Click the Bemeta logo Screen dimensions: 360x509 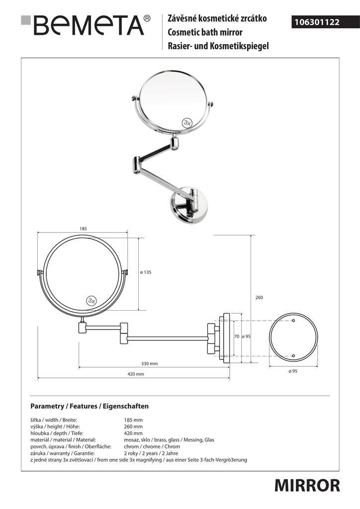click(x=86, y=25)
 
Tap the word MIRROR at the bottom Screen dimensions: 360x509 click(x=307, y=486)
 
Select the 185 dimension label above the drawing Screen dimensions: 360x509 click(x=83, y=229)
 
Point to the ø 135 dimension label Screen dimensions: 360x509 click(x=146, y=272)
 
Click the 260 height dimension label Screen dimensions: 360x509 click(x=259, y=297)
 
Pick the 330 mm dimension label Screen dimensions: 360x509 click(x=149, y=363)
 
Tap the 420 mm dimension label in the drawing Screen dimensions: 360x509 click(x=135, y=374)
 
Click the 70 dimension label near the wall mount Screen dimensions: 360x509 click(x=237, y=337)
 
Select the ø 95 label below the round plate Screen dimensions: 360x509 click(x=293, y=371)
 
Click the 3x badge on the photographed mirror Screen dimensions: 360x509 click(x=187, y=122)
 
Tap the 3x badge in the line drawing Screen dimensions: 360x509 click(x=92, y=301)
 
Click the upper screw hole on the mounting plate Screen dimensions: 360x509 click(x=293, y=321)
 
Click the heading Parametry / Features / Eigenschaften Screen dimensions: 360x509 click(x=90, y=406)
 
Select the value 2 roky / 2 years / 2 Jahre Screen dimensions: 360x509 click(x=151, y=453)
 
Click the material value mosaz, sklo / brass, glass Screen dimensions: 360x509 click(x=169, y=440)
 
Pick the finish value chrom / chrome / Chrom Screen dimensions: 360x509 click(x=152, y=446)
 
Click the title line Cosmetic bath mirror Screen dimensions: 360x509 click(x=205, y=32)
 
